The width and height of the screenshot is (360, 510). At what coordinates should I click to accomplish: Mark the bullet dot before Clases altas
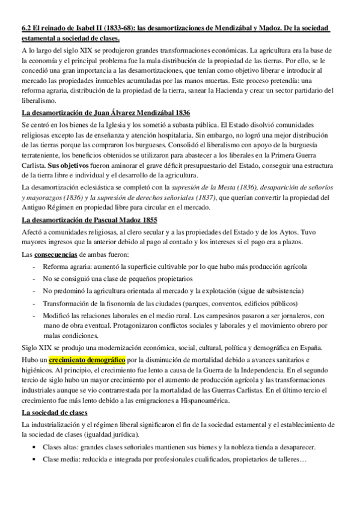tap(35, 447)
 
